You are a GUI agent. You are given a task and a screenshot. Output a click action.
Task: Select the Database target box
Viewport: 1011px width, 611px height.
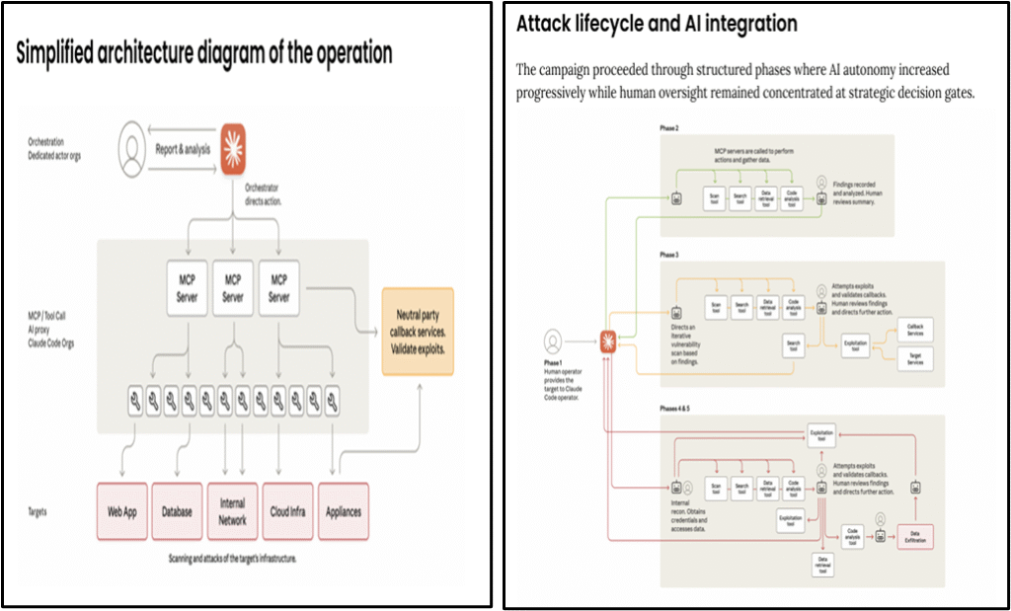point(178,511)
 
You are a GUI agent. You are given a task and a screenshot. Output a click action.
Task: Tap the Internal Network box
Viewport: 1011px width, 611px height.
point(232,511)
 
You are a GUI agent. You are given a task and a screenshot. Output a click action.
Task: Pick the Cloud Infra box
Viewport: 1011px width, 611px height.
point(287,511)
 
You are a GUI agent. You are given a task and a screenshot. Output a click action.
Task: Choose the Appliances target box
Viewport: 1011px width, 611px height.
point(344,511)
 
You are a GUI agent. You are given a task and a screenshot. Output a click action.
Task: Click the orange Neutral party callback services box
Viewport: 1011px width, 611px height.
point(418,331)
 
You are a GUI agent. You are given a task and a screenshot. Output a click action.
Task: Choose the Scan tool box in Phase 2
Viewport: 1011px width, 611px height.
point(715,197)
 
